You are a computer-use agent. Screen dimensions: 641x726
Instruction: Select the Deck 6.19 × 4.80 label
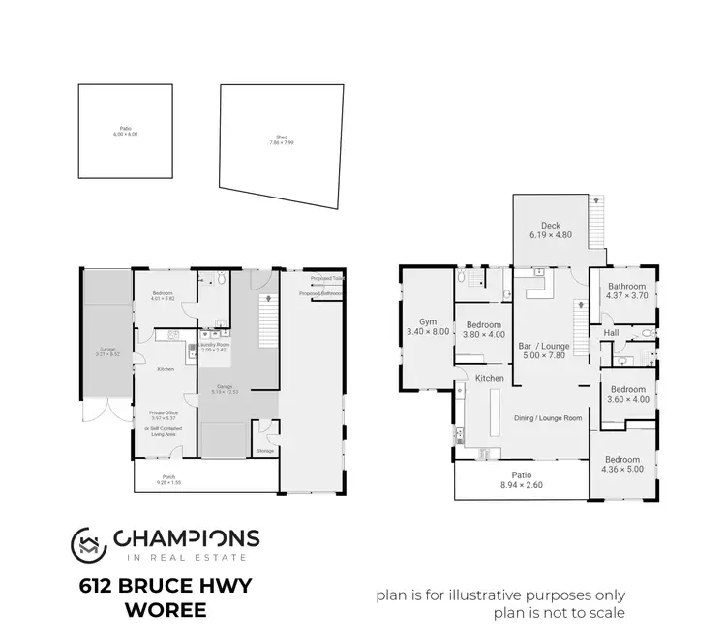552,229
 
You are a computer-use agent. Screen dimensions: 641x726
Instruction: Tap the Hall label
612,333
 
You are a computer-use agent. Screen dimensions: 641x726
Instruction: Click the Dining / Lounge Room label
547,418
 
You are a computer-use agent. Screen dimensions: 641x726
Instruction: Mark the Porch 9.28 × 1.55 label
155,478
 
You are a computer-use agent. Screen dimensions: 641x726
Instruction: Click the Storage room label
264,451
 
